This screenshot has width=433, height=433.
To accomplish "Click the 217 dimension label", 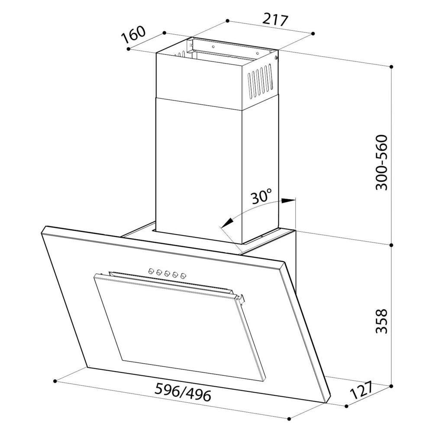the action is pyautogui.click(x=275, y=20).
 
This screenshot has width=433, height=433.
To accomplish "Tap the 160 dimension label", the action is pyautogui.click(x=133, y=35).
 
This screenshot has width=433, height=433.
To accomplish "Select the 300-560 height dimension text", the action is pyautogui.click(x=381, y=162).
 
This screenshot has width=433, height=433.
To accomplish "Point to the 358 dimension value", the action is pyautogui.click(x=381, y=321).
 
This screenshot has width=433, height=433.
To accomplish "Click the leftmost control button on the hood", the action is pyautogui.click(x=151, y=271).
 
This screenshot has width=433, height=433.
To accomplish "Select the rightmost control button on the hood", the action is pyautogui.click(x=183, y=275).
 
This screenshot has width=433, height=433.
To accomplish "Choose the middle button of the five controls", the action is pyautogui.click(x=167, y=273).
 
